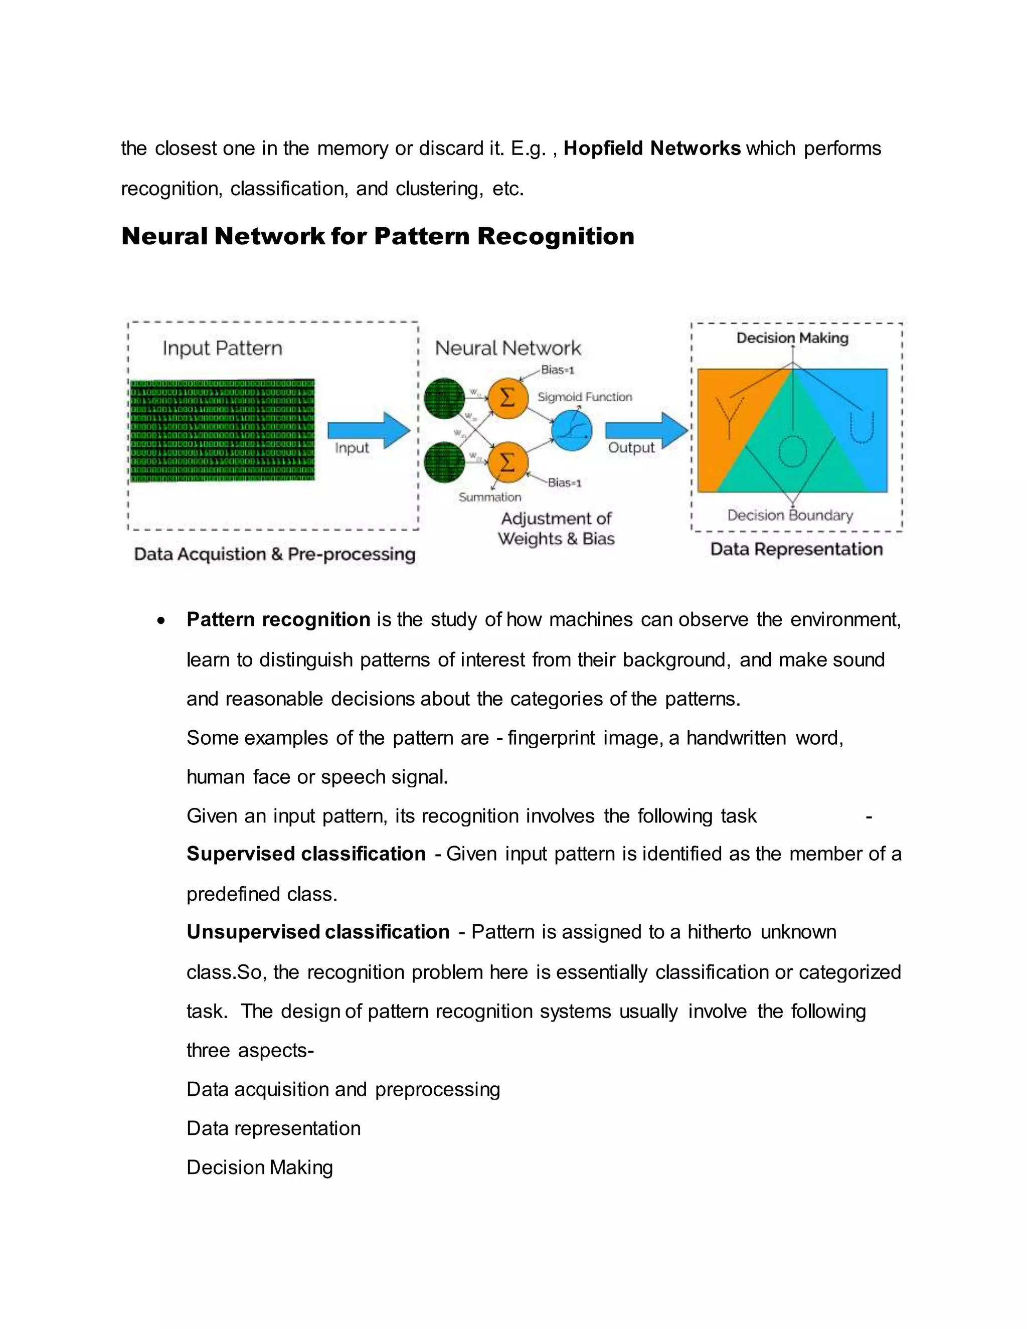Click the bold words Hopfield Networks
[x=651, y=148]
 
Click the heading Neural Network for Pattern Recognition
[x=378, y=236]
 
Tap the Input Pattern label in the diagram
[x=222, y=348]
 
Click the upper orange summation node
[x=507, y=399]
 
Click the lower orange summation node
[x=507, y=462]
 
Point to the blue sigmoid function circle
[x=572, y=430]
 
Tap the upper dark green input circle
[x=445, y=399]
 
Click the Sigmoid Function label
[x=585, y=397]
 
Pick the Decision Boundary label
[x=790, y=516]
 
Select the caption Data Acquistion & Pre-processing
[x=274, y=554]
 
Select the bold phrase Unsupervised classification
[x=317, y=932]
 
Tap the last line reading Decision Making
[x=260, y=1167]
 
